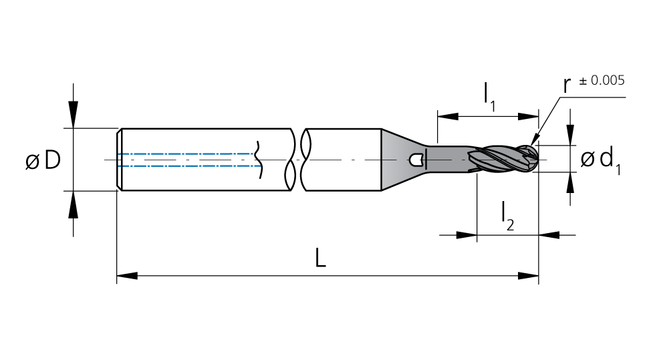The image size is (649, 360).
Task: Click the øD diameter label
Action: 43,160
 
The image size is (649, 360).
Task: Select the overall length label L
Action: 321,257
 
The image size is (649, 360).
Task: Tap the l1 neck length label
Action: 489,97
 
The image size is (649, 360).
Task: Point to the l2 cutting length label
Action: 507,216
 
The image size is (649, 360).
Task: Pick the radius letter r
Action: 567,85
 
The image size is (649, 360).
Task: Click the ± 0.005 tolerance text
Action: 602,80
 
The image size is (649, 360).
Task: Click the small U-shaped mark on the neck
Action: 416,160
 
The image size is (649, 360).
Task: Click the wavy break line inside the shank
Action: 259,160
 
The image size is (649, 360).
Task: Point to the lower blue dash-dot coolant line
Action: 189,166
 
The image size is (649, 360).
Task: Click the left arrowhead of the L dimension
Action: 127,276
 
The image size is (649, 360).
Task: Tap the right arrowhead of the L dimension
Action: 529,276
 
